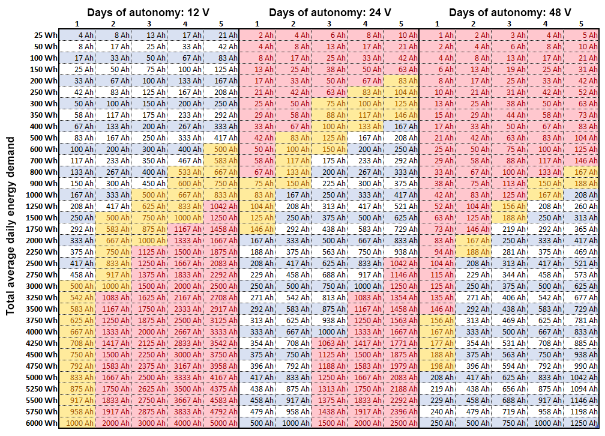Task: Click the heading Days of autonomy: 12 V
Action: coord(148,13)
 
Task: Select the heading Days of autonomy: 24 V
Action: coord(330,13)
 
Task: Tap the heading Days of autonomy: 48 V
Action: coord(510,13)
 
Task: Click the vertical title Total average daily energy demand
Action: coord(10,226)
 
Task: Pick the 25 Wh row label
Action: coord(46,35)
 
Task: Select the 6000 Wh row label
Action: coord(41,423)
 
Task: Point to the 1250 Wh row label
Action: coord(41,206)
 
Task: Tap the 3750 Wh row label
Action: coord(41,320)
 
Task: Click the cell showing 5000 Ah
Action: coord(221,423)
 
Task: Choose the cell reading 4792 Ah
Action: coord(221,411)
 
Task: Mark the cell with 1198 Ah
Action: coord(582,411)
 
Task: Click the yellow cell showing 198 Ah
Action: coord(437,366)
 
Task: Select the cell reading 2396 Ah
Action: coord(402,411)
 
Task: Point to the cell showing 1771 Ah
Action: coord(402,343)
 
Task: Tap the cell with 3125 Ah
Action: coord(221,320)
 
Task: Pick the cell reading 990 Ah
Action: coord(582,366)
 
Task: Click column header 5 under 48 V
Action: coord(581,24)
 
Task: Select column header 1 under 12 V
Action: coord(77,24)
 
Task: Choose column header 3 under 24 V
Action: coord(329,24)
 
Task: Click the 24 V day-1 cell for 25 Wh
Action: coord(257,35)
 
